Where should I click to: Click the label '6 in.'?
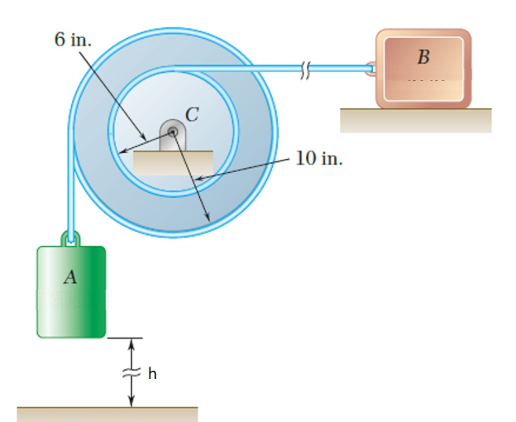coord(74,40)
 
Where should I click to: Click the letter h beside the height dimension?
coord(152,375)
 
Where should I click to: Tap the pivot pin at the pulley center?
coord(172,132)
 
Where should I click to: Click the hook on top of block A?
coord(72,240)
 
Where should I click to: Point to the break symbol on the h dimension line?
coord(131,372)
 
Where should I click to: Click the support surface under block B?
coord(415,121)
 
